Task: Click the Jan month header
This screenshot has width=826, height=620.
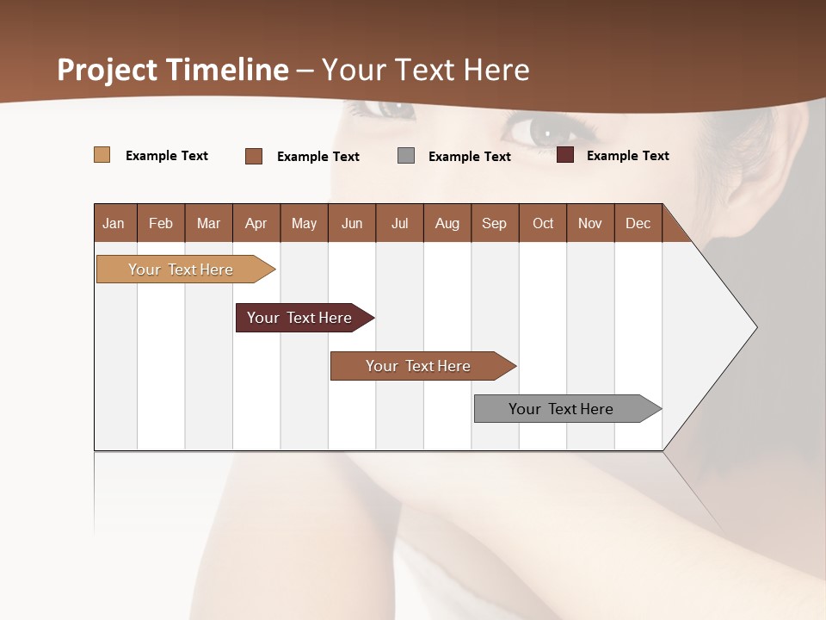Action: coord(114,223)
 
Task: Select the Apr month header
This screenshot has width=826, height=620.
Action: coord(256,223)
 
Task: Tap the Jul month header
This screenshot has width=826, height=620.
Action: coord(399,223)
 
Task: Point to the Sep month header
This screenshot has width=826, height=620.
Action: coord(494,223)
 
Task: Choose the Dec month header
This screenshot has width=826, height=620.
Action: coord(638,223)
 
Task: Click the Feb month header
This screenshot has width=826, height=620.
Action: coord(161,223)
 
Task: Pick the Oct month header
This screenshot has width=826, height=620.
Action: coord(543,223)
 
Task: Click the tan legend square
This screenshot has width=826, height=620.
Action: coord(102,155)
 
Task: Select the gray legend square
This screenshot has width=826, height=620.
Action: coord(406,156)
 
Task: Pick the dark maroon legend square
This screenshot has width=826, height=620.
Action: coord(565,155)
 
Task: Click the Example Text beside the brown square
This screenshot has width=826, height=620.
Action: coord(317,157)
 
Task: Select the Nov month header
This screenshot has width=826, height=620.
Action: coord(590,223)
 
